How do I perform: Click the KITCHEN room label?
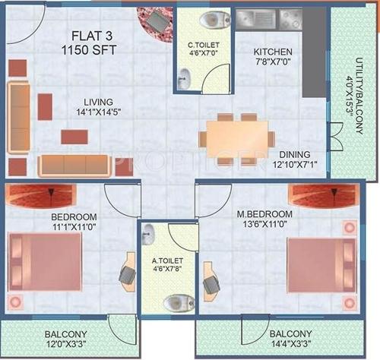(x=273, y=52)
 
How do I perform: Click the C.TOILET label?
(x=203, y=45)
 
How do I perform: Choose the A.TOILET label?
(x=167, y=260)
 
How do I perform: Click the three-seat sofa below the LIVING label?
(x=74, y=165)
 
